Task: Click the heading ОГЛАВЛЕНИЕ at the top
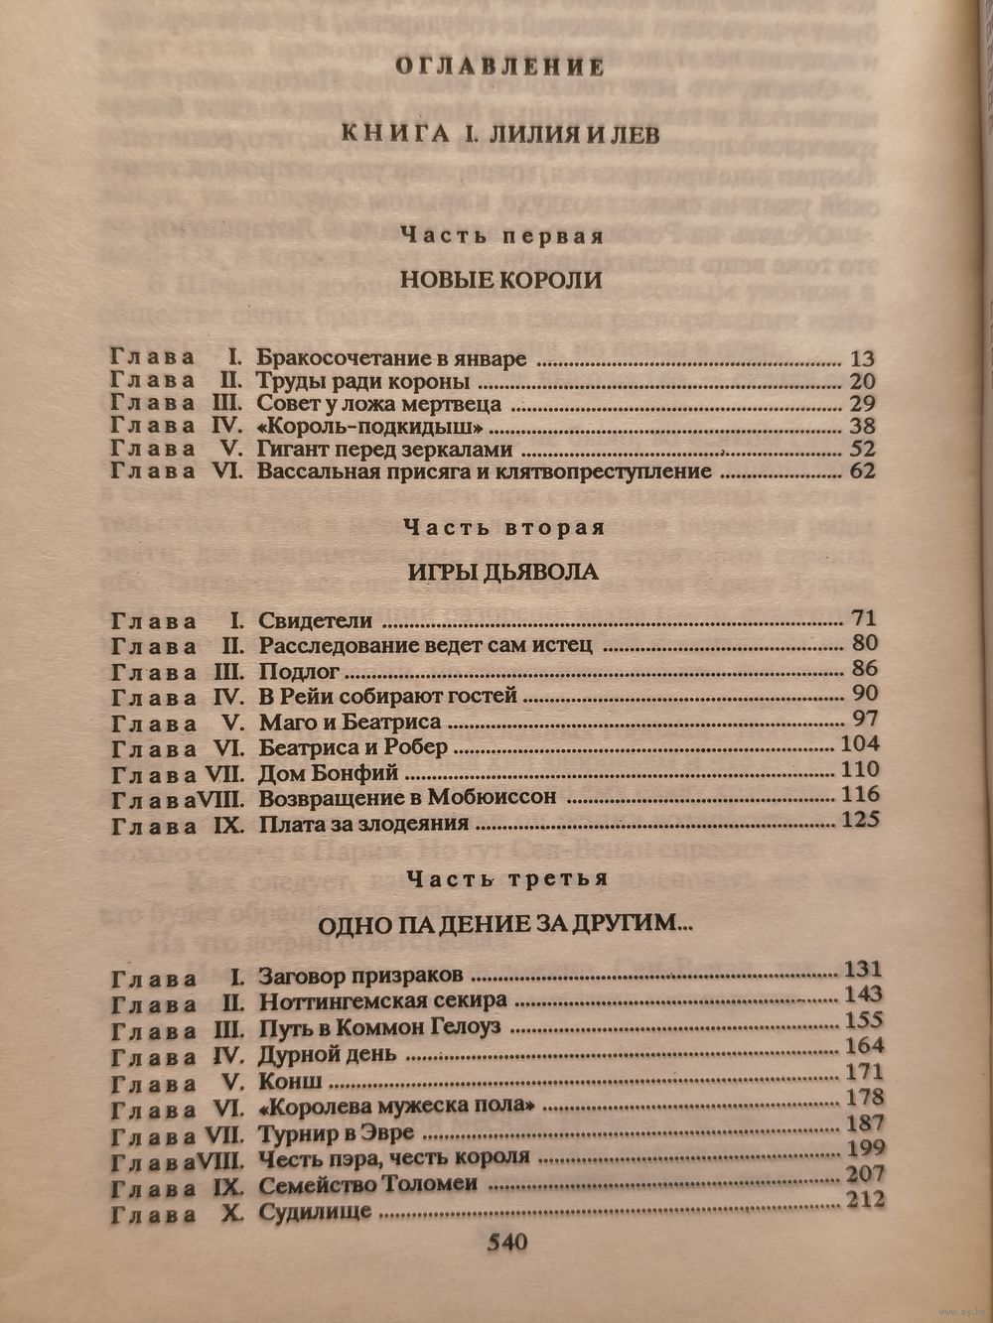pyautogui.click(x=499, y=66)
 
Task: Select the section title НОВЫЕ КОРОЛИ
pyautogui.click(x=500, y=280)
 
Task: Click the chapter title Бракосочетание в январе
pyautogui.click(x=391, y=359)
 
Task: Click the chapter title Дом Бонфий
pyautogui.click(x=328, y=771)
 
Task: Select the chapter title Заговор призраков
pyautogui.click(x=361, y=975)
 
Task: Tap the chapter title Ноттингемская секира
pyautogui.click(x=382, y=999)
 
